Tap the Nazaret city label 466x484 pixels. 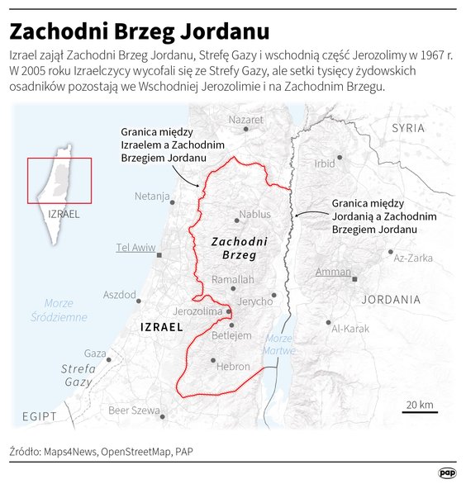coord(245,120)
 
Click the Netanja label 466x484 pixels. coord(152,197)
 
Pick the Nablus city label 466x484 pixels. coord(254,215)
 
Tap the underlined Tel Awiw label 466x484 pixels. coord(136,247)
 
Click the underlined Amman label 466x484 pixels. coord(333,272)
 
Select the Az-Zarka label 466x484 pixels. coord(413,258)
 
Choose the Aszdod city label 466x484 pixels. coord(119,295)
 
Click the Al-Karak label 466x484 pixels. coord(349,329)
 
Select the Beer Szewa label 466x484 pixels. coord(135,410)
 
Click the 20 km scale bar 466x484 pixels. coord(421,410)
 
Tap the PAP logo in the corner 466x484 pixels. coord(447,472)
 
